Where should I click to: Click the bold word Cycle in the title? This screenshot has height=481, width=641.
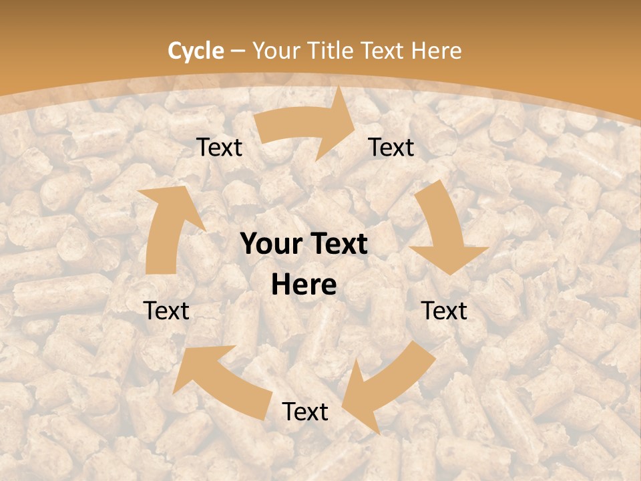point(196,51)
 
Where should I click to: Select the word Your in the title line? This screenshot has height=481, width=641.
point(276,51)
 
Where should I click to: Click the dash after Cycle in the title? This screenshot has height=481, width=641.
point(238,51)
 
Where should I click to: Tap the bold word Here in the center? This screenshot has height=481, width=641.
point(304,285)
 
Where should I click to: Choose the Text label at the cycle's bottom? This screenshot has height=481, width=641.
point(305,412)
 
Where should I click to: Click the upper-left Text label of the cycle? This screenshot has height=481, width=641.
point(219,148)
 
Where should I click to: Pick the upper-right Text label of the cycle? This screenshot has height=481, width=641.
point(391,148)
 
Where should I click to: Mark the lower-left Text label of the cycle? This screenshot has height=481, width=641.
point(167,311)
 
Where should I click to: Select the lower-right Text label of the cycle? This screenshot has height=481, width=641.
point(444,311)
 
